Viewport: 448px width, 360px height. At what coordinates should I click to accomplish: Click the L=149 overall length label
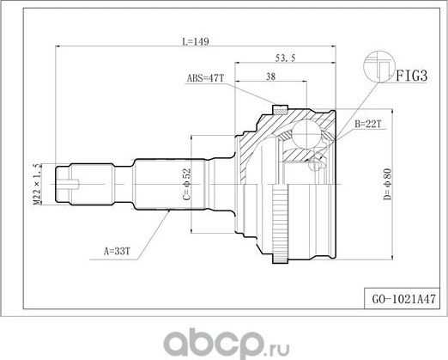point(197,40)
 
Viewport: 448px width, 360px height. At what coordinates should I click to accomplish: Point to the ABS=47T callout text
point(205,80)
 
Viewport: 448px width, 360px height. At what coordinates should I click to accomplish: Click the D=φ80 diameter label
point(387,184)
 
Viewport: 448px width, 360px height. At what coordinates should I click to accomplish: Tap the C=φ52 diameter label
point(185,182)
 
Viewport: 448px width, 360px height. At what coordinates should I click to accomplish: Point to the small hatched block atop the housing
point(279,110)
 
